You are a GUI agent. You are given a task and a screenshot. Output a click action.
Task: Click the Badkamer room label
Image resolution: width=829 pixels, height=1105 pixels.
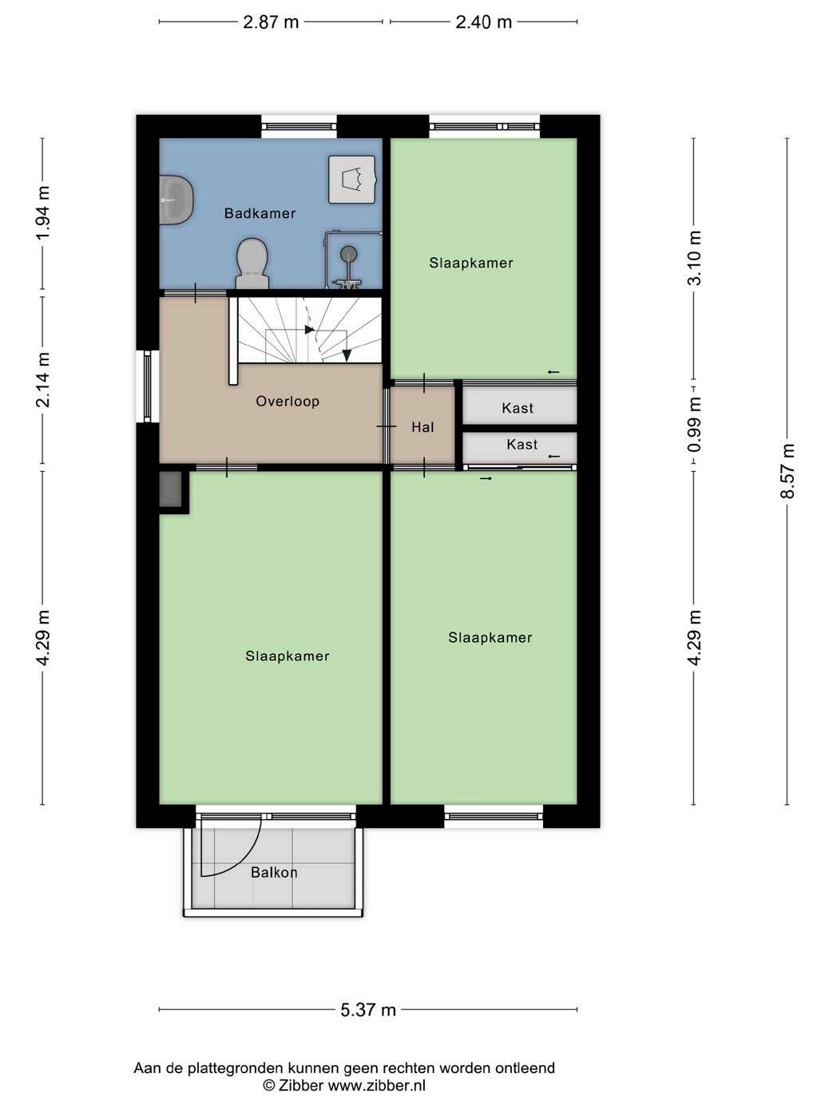pyautogui.click(x=260, y=213)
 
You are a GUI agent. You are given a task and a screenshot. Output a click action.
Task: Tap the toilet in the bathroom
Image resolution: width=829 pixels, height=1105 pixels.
pyautogui.click(x=252, y=263)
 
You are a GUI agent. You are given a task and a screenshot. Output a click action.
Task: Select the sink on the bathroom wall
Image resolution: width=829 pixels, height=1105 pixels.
pyautogui.click(x=177, y=200)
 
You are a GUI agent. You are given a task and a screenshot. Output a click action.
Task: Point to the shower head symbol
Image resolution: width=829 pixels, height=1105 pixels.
pyautogui.click(x=348, y=253)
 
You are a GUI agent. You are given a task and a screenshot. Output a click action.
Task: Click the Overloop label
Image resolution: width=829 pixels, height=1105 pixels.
pyautogui.click(x=288, y=402)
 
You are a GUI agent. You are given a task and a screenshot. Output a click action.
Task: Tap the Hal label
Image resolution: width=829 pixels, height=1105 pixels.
pyautogui.click(x=422, y=427)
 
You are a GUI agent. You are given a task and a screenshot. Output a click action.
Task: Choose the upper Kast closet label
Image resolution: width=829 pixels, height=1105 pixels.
pyautogui.click(x=518, y=408)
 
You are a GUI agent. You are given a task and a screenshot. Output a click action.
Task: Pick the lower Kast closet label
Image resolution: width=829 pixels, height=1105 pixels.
pyautogui.click(x=522, y=445)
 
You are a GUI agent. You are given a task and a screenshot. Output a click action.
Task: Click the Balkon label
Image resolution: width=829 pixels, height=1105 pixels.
pyautogui.click(x=274, y=873)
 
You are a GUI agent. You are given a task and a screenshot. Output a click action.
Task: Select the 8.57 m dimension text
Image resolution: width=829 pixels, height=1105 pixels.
pyautogui.click(x=787, y=471)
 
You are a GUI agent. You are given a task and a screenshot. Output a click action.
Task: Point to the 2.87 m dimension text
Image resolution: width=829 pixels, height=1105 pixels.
pyautogui.click(x=271, y=22)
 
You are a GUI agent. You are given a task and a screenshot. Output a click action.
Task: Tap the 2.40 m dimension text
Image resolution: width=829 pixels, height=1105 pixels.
pyautogui.click(x=483, y=22)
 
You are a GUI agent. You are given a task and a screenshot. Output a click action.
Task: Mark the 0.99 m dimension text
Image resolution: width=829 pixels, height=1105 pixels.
pyautogui.click(x=695, y=425)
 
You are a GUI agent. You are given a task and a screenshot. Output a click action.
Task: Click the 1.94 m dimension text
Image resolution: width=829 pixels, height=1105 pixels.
pyautogui.click(x=44, y=213)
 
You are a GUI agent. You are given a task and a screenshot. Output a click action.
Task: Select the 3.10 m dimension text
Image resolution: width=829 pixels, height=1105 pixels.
pyautogui.click(x=695, y=258)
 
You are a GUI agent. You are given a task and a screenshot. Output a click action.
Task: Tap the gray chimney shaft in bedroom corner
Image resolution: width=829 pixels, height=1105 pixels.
pyautogui.click(x=171, y=489)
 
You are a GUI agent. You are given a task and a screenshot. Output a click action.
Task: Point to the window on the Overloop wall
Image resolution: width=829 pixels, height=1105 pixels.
pyautogui.click(x=148, y=386)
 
